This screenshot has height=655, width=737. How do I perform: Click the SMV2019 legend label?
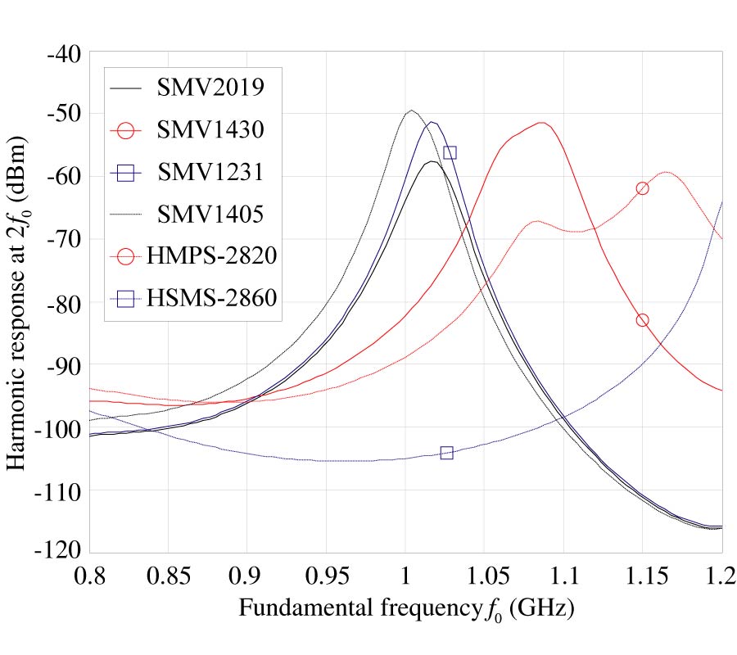(210, 86)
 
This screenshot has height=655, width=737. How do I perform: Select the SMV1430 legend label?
(210, 129)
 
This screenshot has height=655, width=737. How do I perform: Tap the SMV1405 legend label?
(210, 215)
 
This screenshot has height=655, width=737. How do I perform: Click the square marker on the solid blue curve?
(450, 152)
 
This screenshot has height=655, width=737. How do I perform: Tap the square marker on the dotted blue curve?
(446, 453)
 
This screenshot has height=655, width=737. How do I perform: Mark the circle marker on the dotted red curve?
(642, 188)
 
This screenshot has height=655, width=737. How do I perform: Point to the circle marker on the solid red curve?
(642, 320)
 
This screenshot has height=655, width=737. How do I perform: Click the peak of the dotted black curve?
(411, 111)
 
